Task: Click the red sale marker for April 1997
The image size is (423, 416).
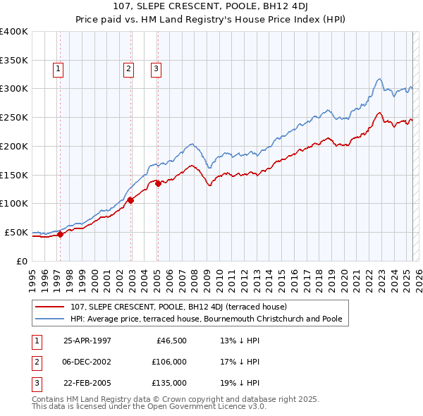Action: coord(61,234)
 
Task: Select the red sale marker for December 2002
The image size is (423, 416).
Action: coord(130,200)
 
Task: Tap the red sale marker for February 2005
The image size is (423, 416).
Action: coord(158,183)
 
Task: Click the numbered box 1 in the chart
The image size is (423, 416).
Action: coord(57,69)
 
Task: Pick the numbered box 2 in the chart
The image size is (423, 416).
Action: coord(128,69)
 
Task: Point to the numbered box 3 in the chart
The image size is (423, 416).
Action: coord(155,69)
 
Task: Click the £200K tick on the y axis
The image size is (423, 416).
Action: coord(14,146)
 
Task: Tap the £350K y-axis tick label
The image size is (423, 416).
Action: coord(14,60)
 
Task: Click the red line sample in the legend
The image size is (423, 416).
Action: coord(49,307)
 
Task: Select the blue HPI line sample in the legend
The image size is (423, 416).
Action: coord(49,319)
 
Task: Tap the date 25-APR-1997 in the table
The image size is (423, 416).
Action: coord(87,341)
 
